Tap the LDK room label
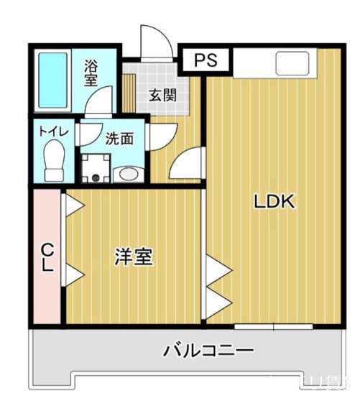click(x=274, y=202)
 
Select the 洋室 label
click(x=133, y=257)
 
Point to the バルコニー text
click(x=208, y=351)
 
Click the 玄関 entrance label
click(x=162, y=95)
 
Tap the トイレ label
click(x=53, y=132)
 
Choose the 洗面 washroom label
click(x=119, y=139)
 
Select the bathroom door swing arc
click(x=99, y=101)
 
